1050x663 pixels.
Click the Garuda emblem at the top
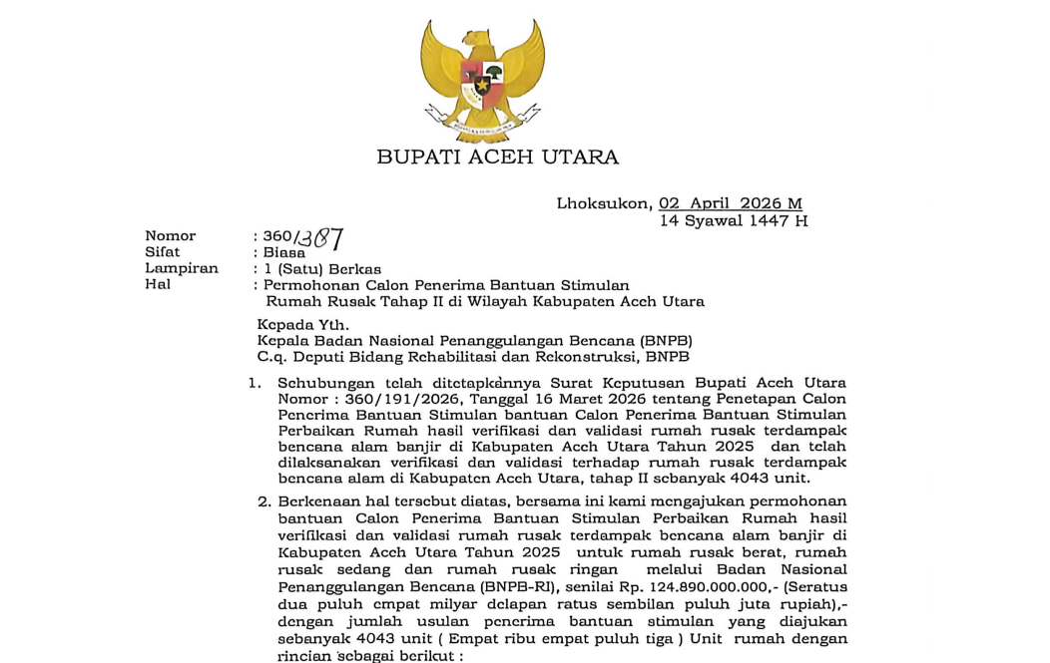[x=483, y=80]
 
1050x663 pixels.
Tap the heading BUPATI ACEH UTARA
[x=497, y=157]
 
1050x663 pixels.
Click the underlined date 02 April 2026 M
[x=731, y=203]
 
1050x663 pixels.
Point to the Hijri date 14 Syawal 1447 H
[x=734, y=220]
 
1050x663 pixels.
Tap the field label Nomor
[x=171, y=236]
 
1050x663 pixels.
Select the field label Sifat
[x=163, y=252]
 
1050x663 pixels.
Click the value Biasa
[x=284, y=252]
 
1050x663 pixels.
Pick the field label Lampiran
[x=181, y=268]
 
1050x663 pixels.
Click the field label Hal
[x=158, y=284]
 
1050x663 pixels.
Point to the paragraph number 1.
[x=255, y=383]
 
